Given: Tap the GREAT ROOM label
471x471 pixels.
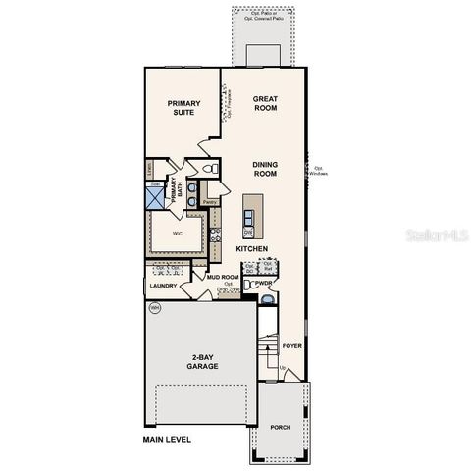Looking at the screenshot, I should [x=266, y=103].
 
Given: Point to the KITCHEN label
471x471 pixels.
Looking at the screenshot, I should [x=252, y=249].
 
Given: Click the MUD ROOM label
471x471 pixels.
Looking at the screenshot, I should [x=223, y=278].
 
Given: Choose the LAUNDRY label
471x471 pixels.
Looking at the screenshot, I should [x=163, y=286].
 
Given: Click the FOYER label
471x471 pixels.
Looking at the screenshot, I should [x=291, y=346].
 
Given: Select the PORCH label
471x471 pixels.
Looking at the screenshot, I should [x=281, y=428].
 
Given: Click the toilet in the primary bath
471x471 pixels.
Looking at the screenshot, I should [x=193, y=188].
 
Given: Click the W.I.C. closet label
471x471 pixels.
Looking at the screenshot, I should [x=178, y=234].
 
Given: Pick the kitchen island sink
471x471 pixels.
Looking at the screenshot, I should [x=249, y=233].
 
